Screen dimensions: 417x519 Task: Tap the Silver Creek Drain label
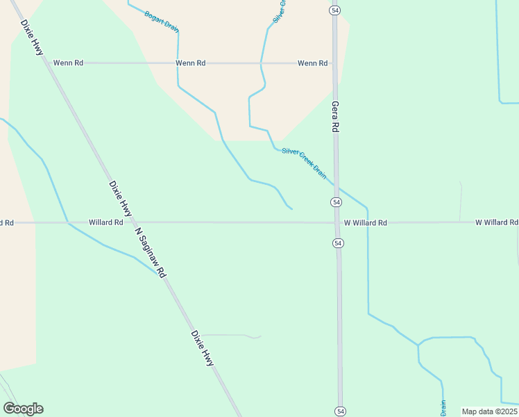click(304, 162)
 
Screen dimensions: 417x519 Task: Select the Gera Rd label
click(335, 117)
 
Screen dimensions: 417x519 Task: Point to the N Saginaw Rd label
click(151, 252)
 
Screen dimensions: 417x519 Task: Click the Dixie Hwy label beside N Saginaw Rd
click(120, 197)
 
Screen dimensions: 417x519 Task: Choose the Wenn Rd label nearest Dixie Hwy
click(69, 63)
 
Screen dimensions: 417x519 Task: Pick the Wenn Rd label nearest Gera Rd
click(312, 63)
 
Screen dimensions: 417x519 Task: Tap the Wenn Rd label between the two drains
click(191, 63)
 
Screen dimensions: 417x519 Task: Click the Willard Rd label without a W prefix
click(105, 223)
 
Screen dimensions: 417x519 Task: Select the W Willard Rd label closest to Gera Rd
click(365, 223)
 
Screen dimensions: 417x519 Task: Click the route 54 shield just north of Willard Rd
click(336, 202)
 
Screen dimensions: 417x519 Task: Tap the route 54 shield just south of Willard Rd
click(338, 243)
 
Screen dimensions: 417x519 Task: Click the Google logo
click(23, 409)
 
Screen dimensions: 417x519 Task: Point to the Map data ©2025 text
click(488, 411)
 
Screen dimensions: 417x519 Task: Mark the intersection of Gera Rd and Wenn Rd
click(334, 63)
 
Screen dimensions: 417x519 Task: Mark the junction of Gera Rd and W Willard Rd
click(337, 223)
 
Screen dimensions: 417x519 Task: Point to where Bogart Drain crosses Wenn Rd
click(178, 63)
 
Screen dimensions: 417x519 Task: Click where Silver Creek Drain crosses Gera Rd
click(337, 185)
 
